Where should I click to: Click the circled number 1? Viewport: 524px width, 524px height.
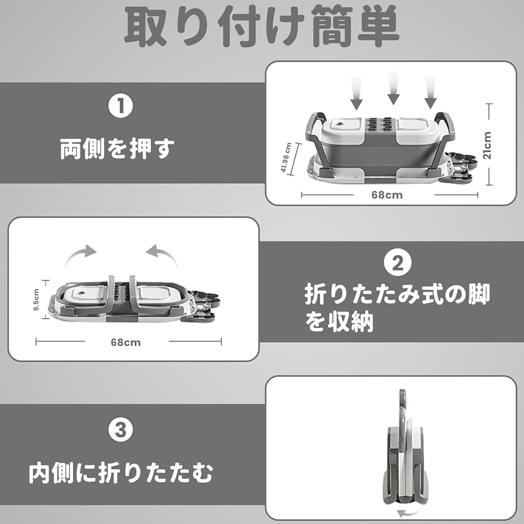pos(120,105)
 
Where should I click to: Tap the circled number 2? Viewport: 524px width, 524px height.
pos(397,263)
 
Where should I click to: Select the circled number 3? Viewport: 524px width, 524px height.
pos(120,430)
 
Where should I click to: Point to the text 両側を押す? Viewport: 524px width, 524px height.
pos(117,149)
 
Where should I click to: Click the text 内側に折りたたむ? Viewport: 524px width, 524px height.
pos(120,473)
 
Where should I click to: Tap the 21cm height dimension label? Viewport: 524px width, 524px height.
pos(488,145)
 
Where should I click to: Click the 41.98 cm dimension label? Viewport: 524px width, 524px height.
pos(286,157)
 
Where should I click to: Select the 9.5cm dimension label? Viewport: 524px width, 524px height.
pos(36,299)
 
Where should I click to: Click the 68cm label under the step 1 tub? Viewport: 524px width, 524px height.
pos(387,195)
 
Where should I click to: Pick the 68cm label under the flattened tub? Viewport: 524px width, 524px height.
pos(125,342)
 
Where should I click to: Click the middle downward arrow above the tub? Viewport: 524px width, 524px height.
pos(394,88)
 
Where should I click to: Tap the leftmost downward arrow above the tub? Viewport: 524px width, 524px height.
pos(357,93)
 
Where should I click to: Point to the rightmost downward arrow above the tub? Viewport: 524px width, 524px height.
pos(430,92)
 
